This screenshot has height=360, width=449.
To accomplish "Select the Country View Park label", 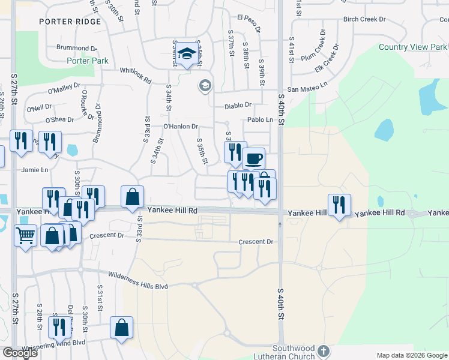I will click(x=414, y=47).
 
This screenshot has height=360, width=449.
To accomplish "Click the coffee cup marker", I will click(x=253, y=158).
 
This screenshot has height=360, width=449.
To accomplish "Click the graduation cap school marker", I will click(x=187, y=54).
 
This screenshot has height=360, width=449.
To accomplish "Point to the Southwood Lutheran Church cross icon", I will click(x=324, y=350).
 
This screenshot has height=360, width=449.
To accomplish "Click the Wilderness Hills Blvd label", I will click(x=137, y=280).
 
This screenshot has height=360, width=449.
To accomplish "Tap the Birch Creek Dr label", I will click(x=364, y=19).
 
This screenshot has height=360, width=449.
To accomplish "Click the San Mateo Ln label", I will click(x=308, y=89).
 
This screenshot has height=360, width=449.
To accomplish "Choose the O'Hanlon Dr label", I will click(x=180, y=127).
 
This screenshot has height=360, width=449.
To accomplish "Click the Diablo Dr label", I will click(x=238, y=106).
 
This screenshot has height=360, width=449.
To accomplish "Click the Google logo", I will click(x=20, y=353).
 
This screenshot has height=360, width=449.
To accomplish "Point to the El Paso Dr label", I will click(x=250, y=23).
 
